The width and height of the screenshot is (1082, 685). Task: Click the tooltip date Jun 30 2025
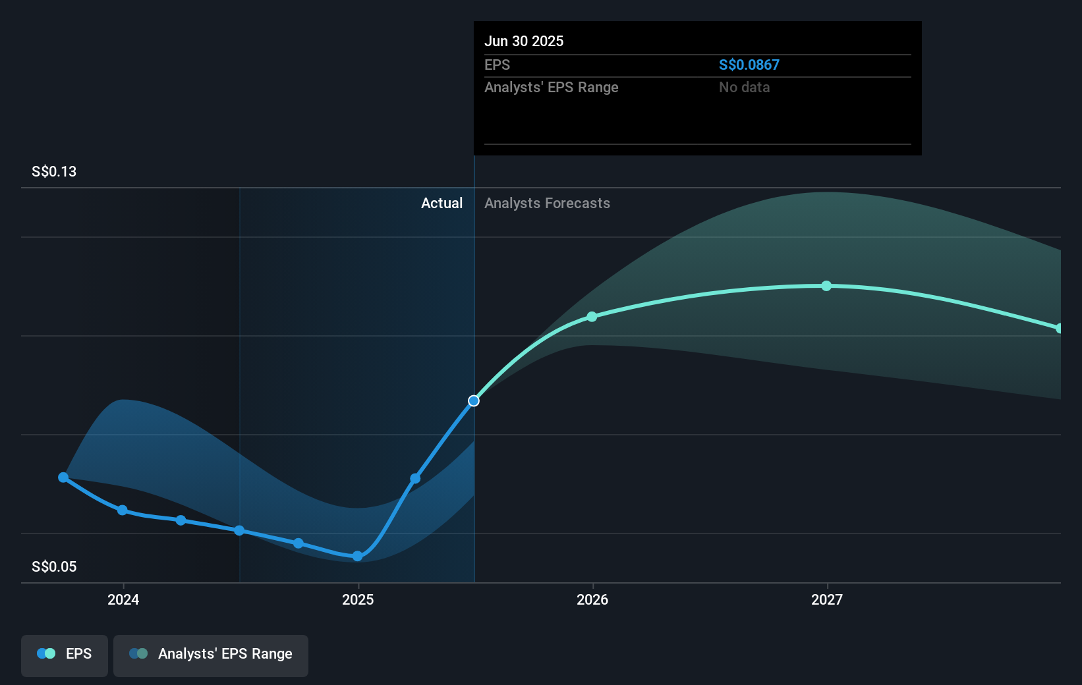[524, 41]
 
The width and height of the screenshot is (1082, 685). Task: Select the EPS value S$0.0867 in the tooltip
[749, 65]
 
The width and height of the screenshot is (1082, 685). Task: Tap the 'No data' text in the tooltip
[744, 87]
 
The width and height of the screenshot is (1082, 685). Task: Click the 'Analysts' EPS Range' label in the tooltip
[551, 87]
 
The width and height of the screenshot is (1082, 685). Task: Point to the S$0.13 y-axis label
[54, 171]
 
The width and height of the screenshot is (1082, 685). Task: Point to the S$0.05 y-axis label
[54, 566]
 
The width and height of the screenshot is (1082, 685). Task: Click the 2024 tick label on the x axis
[123, 599]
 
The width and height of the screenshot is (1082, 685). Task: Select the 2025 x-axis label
[358, 599]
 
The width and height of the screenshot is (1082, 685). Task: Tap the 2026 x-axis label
[592, 599]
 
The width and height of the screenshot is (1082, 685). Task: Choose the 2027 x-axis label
[827, 599]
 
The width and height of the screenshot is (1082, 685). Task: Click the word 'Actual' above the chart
[441, 203]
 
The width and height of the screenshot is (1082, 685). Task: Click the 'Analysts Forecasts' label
[547, 203]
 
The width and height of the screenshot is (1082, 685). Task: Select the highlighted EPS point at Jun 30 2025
[474, 400]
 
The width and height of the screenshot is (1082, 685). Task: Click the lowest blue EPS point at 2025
[357, 556]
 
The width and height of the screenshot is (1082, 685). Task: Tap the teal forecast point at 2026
[592, 317]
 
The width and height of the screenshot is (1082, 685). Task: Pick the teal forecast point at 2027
[826, 286]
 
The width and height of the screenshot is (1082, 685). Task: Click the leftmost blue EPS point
[63, 477]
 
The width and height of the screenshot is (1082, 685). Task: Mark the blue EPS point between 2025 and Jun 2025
[415, 478]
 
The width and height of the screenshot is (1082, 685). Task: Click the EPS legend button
[65, 655]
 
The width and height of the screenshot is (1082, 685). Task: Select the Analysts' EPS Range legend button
[211, 655]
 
